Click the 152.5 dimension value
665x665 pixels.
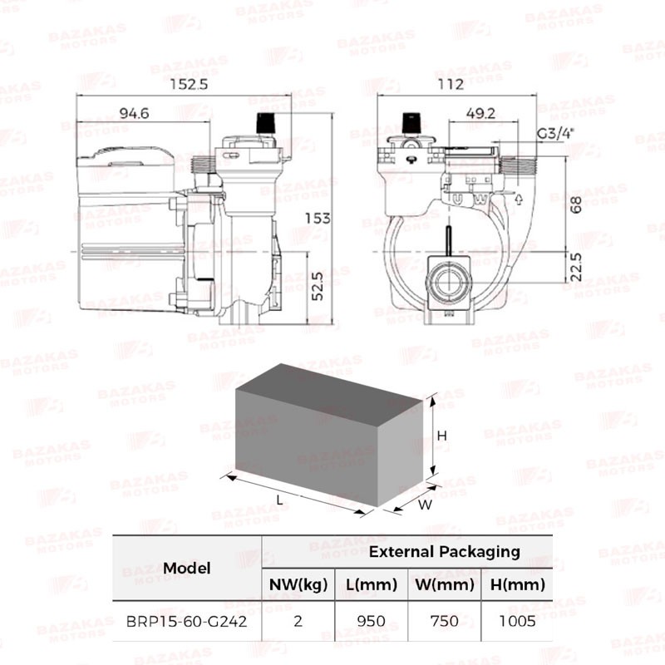coord(189,84)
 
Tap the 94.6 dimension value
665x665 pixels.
coord(134,113)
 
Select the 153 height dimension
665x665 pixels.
coord(318,219)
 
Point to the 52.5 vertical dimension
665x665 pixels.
coord(318,287)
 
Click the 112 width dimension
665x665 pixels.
coord(451,84)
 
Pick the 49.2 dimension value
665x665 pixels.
coord(480,113)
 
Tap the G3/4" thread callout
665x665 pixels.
coord(555,133)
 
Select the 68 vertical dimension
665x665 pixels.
coord(576,204)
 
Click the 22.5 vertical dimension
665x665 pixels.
coord(576,267)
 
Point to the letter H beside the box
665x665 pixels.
coord(442,436)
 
